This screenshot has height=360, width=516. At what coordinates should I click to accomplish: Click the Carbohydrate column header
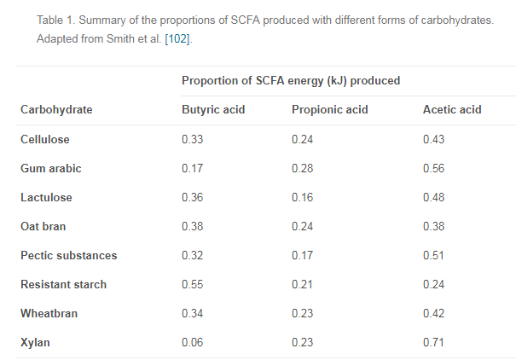click(x=56, y=110)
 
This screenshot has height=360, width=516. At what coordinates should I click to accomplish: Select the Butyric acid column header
click(x=213, y=110)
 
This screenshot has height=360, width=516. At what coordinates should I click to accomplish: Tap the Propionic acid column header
click(x=329, y=110)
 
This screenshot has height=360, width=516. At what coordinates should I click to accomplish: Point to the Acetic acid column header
click(x=452, y=110)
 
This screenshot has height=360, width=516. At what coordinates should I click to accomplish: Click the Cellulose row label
click(x=45, y=139)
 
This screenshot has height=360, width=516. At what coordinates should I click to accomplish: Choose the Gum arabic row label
click(x=51, y=168)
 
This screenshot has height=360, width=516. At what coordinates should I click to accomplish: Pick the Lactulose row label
click(x=47, y=197)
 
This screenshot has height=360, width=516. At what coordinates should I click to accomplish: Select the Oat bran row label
click(x=43, y=226)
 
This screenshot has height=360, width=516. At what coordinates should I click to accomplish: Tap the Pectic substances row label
click(x=69, y=255)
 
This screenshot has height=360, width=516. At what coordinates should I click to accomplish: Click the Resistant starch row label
click(x=64, y=284)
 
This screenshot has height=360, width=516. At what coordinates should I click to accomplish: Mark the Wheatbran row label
click(x=49, y=313)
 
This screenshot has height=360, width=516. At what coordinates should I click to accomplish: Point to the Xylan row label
click(x=35, y=342)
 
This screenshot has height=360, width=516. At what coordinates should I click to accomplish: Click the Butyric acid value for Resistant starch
click(x=192, y=284)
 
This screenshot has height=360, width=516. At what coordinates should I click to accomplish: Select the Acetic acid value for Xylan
click(x=433, y=342)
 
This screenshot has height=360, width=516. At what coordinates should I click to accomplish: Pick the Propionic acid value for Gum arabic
click(x=302, y=168)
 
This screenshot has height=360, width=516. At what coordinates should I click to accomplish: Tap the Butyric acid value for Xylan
click(x=192, y=342)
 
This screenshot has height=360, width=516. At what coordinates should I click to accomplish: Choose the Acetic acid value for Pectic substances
click(x=433, y=255)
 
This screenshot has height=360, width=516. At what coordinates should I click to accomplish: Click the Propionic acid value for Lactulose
click(x=302, y=197)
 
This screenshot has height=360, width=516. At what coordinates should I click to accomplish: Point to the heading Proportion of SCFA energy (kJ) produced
click(x=291, y=80)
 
